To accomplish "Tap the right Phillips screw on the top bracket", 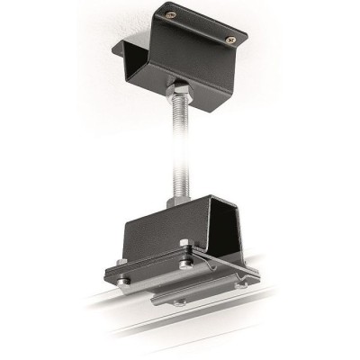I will coord(231,39).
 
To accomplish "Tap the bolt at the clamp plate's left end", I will coord(125,285).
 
